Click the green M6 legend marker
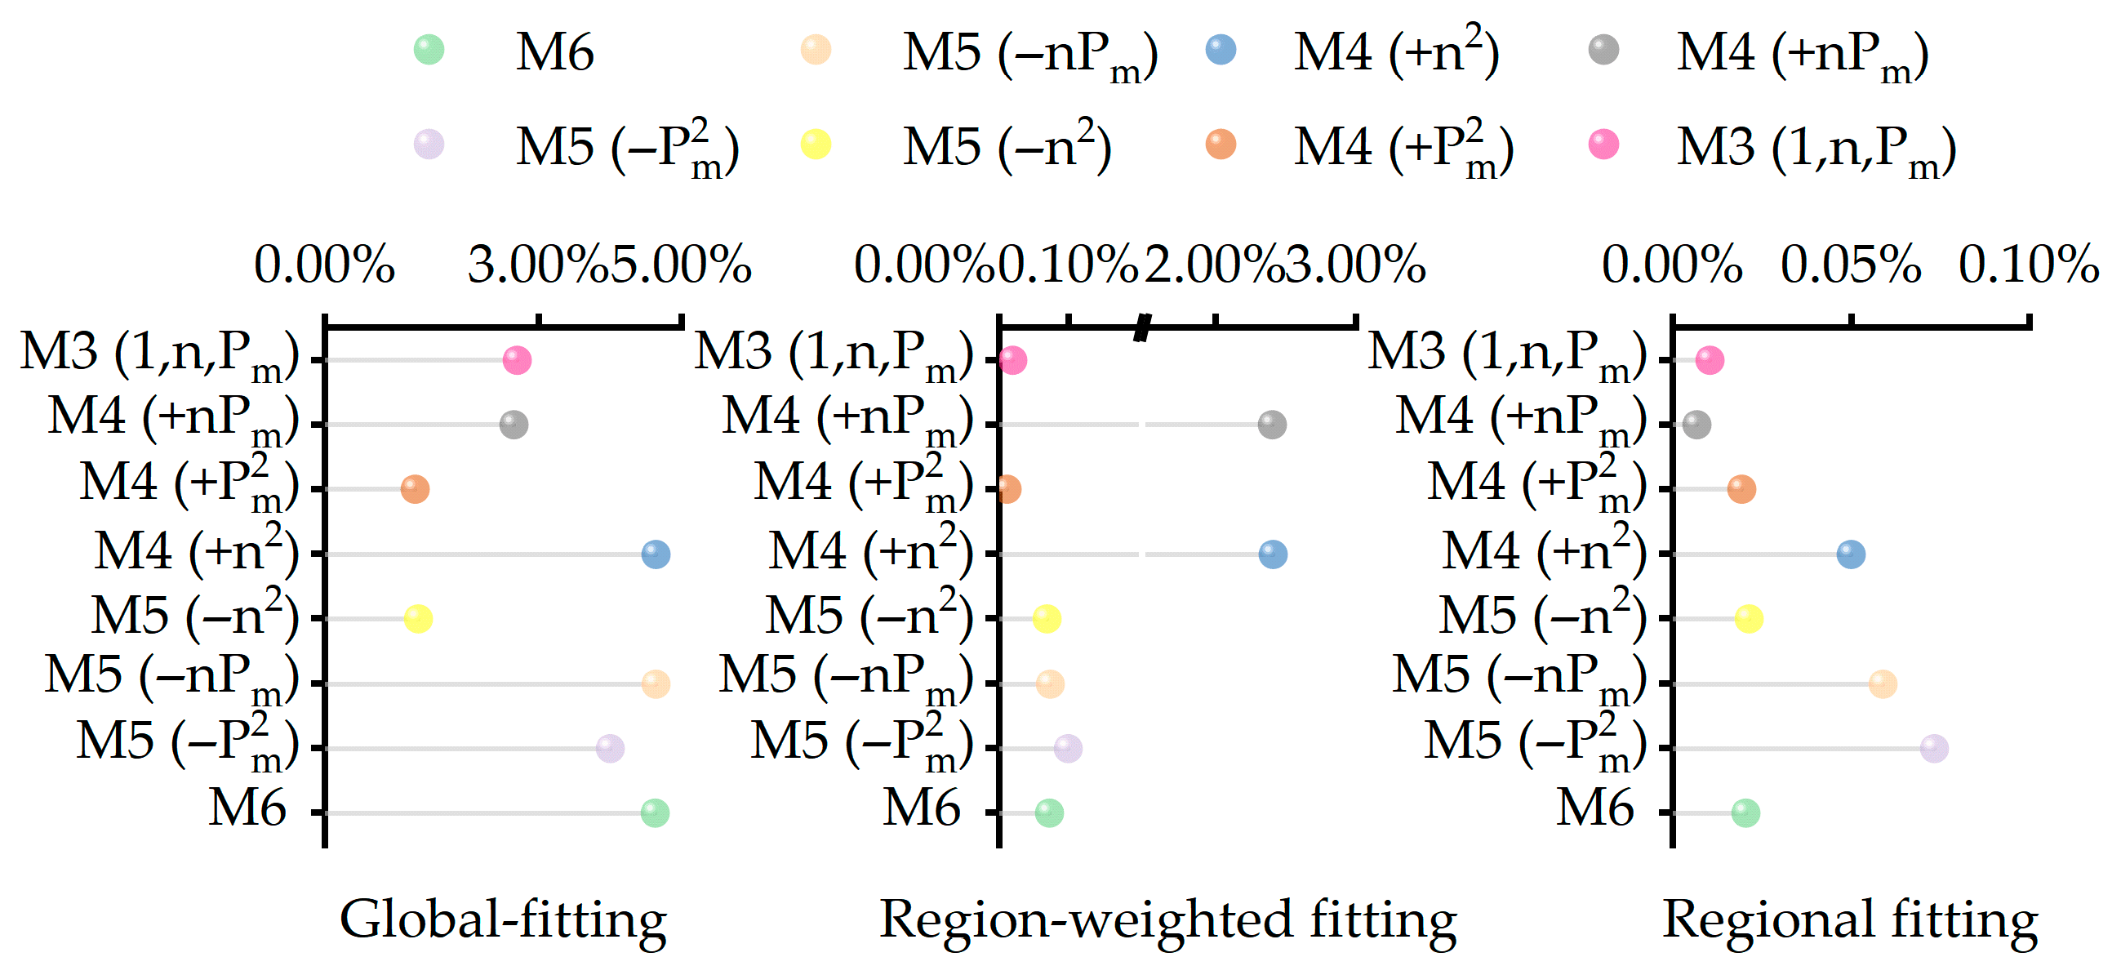(x=429, y=51)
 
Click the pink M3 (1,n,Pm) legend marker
(x=1604, y=145)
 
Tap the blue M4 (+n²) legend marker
(x=1221, y=51)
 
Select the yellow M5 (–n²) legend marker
(x=816, y=145)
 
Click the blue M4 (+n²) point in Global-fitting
(x=656, y=554)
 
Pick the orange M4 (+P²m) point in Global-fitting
(x=415, y=489)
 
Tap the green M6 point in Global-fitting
(x=655, y=812)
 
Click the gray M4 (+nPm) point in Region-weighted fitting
(x=1272, y=425)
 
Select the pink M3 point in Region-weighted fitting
(x=1013, y=360)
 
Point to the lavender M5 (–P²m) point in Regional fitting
(x=1934, y=749)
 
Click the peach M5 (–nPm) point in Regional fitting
(x=1883, y=683)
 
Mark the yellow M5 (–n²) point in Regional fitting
(x=1749, y=618)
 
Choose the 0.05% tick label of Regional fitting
(x=1851, y=265)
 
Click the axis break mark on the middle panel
(x=1142, y=327)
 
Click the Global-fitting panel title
(x=503, y=920)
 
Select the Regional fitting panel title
(x=1850, y=920)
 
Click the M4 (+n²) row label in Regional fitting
(x=1543, y=550)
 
